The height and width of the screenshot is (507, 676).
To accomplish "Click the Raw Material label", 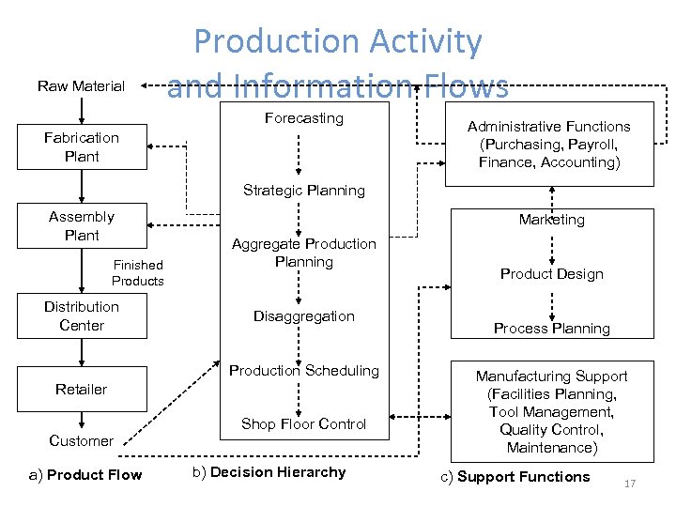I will point(81,86).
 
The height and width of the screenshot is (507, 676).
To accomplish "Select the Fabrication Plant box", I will point(82,147).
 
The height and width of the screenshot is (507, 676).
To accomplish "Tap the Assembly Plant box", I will point(82,226).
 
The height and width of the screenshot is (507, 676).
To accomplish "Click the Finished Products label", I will point(137,273).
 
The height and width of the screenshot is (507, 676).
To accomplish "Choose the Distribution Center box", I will point(82,316).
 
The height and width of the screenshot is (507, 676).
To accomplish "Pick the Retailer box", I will point(82,389).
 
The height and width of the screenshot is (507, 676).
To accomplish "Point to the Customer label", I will point(81,441).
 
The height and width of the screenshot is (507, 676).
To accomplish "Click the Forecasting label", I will point(304,118).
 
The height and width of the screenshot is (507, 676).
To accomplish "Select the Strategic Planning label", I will point(304,191).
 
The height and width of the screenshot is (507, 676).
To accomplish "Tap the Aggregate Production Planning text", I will point(304,253).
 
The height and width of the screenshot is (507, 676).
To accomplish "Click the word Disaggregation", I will point(304,316).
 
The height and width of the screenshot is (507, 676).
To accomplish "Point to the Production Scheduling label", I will point(304,371).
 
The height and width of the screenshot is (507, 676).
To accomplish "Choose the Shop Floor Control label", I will point(304,424).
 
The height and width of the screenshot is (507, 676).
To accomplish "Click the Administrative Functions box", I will point(549,145).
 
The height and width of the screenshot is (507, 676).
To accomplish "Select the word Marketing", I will point(552,220).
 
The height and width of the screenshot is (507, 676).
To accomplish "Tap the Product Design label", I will point(552,274).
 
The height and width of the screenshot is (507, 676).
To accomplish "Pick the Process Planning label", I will point(552,329).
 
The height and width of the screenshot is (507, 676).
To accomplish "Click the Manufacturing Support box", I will point(552,412).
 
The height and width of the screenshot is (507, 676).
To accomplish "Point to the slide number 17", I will point(630,484).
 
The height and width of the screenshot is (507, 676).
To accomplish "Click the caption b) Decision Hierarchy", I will point(269,472).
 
